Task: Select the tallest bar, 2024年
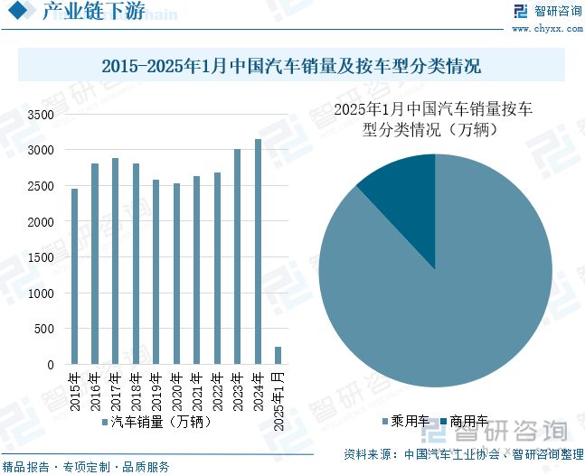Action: pyautogui.click(x=258, y=252)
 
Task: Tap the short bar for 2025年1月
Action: pyautogui.click(x=278, y=356)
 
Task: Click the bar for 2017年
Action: pyautogui.click(x=115, y=261)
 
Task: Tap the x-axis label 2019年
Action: pyautogui.click(x=156, y=386)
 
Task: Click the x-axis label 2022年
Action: pyautogui.click(x=217, y=386)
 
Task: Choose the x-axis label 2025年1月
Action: pyautogui.click(x=278, y=398)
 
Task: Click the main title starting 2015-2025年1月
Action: pyautogui.click(x=291, y=66)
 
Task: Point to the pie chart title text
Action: pyautogui.click(x=434, y=119)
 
